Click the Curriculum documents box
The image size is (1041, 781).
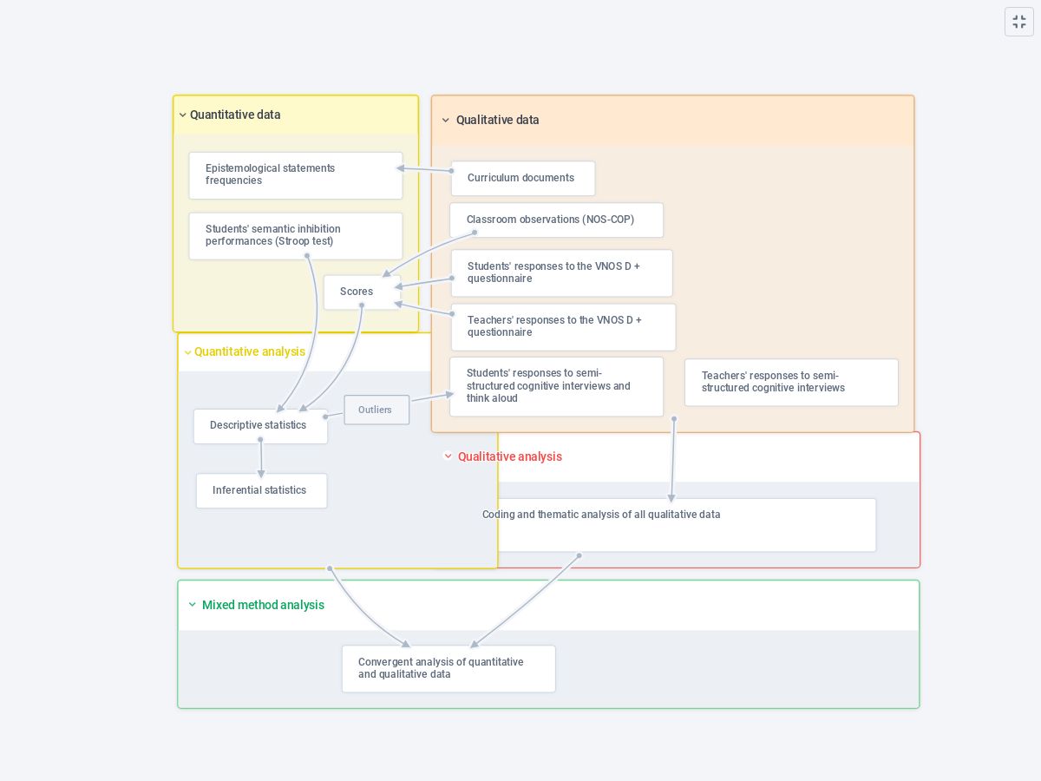[522, 178]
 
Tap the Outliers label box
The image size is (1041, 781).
[376, 410]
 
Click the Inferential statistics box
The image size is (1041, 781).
[261, 490]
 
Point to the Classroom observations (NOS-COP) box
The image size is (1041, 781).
[556, 220]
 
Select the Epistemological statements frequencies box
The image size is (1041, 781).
[295, 175]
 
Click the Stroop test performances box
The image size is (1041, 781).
[295, 236]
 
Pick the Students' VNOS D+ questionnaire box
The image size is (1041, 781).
[561, 272]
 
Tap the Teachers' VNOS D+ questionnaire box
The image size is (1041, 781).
[562, 326]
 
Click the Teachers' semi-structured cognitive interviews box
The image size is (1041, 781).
[790, 383]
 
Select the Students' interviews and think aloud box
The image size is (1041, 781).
[556, 386]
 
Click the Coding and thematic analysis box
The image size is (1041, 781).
[677, 524]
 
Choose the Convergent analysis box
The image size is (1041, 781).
[448, 668]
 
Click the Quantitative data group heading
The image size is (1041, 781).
[235, 115]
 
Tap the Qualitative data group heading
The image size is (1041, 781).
[497, 120]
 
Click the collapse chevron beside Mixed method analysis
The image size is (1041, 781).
[193, 605]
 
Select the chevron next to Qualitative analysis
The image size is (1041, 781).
[448, 456]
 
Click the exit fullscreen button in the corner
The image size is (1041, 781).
[1019, 22]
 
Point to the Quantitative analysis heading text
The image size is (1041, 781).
[250, 351]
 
